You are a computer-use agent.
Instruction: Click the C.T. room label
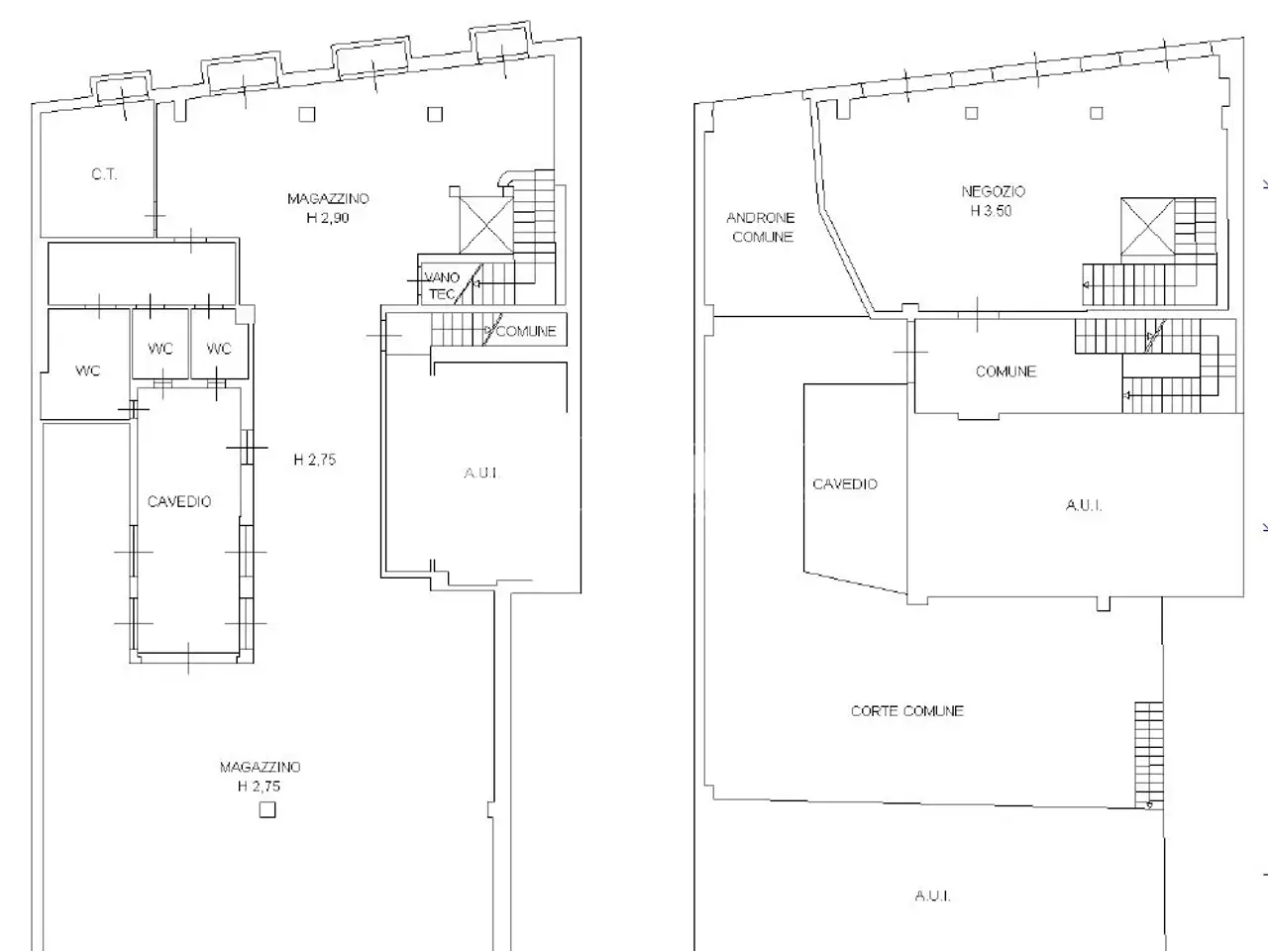click(x=105, y=174)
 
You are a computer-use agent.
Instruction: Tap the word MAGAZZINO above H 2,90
click(x=328, y=199)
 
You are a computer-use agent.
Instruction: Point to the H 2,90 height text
click(x=328, y=218)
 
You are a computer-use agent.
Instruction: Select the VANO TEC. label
click(x=442, y=286)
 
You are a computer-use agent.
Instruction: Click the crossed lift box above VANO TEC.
click(x=485, y=225)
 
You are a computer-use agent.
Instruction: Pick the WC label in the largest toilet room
click(x=88, y=370)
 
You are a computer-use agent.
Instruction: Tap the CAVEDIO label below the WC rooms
click(x=179, y=502)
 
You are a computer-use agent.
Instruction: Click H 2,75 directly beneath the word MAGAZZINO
click(x=259, y=786)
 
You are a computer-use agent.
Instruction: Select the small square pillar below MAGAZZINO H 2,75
click(x=266, y=809)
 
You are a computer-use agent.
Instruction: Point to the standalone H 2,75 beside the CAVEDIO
click(x=315, y=460)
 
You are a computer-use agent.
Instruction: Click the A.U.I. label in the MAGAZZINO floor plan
click(x=481, y=474)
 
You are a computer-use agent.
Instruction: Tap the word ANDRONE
click(x=760, y=218)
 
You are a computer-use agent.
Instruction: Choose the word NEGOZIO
click(x=993, y=192)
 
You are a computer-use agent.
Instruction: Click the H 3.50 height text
click(x=992, y=211)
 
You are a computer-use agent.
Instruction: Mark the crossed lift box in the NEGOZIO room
click(x=1148, y=226)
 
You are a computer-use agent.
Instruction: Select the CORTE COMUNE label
click(x=907, y=711)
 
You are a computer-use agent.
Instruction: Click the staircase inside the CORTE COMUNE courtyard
click(x=1148, y=755)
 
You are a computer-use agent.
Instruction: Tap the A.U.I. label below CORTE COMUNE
click(x=933, y=896)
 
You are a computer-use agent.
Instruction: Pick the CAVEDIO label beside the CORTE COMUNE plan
click(x=845, y=483)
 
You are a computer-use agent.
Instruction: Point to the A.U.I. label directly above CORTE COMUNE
click(x=1084, y=506)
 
